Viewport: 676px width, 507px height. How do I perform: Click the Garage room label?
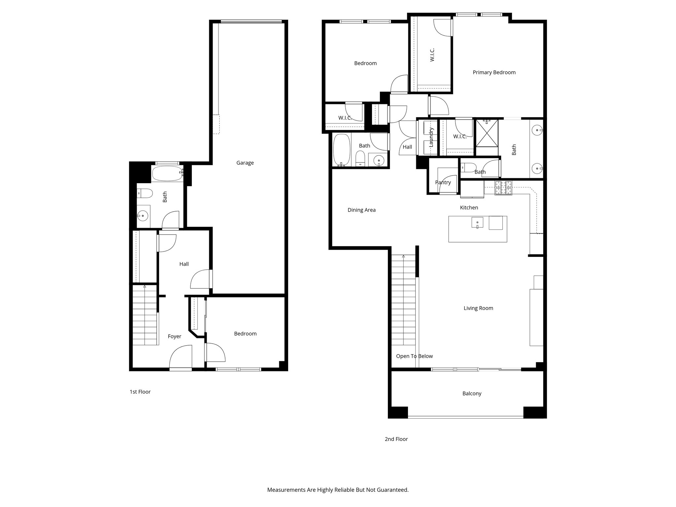(x=245, y=163)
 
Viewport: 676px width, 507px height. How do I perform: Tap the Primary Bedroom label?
(x=494, y=72)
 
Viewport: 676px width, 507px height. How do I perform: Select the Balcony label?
(x=472, y=393)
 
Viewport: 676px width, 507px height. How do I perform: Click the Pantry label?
(x=443, y=183)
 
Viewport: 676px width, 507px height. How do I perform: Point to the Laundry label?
(x=431, y=137)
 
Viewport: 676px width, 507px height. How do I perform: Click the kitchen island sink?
(x=477, y=223)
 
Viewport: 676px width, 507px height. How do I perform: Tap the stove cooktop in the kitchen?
(x=503, y=188)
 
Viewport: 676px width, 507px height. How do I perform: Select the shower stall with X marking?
(x=487, y=133)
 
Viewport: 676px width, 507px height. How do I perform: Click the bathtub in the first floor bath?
(x=167, y=174)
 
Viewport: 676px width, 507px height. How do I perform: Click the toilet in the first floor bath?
(x=144, y=193)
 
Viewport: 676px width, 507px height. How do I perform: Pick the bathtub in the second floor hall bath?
(x=341, y=150)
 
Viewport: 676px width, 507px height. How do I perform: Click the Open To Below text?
(x=414, y=356)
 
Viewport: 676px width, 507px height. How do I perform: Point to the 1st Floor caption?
(x=140, y=392)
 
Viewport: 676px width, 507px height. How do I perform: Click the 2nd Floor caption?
(x=396, y=439)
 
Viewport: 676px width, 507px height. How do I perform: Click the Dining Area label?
(x=361, y=210)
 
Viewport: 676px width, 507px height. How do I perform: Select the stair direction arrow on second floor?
(x=403, y=256)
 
